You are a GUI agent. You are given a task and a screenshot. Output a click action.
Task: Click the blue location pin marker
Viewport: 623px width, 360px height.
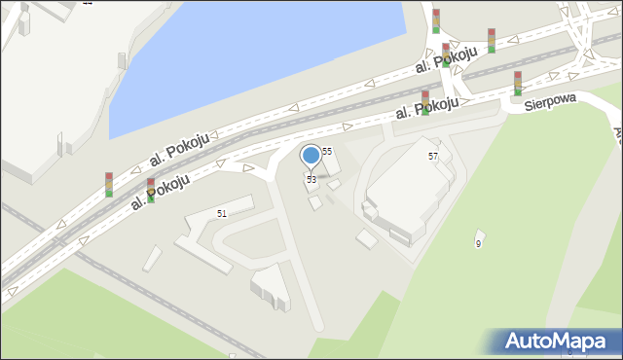click(x=311, y=155)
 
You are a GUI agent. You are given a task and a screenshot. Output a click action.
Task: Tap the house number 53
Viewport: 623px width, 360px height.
click(x=311, y=180)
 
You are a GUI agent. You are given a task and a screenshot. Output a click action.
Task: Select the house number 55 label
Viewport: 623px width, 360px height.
click(x=327, y=151)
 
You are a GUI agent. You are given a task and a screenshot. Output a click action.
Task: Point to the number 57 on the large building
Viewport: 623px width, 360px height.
click(x=433, y=156)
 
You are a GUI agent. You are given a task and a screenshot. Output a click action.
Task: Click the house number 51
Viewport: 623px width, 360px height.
click(x=222, y=213)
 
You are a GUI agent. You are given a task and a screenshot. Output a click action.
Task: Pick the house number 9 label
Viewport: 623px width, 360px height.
click(x=478, y=244)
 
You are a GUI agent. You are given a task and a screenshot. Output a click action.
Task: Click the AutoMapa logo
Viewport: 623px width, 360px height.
click(x=555, y=342)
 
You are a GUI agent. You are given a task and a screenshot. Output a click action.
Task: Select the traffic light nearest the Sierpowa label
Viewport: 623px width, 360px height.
click(x=518, y=84)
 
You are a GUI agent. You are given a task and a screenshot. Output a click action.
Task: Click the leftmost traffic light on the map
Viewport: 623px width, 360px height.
click(x=109, y=184)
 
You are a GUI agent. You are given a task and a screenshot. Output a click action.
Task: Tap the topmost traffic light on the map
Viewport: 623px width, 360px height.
click(x=436, y=20)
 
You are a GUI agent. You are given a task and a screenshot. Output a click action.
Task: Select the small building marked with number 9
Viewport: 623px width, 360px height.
click(x=479, y=236)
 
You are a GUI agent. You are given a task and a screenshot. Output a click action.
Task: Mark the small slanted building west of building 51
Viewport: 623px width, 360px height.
click(x=152, y=258)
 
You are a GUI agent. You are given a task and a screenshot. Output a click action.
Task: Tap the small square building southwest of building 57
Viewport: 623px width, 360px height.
click(x=367, y=239)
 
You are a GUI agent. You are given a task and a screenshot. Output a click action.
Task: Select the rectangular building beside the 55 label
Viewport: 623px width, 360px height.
click(x=331, y=164)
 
